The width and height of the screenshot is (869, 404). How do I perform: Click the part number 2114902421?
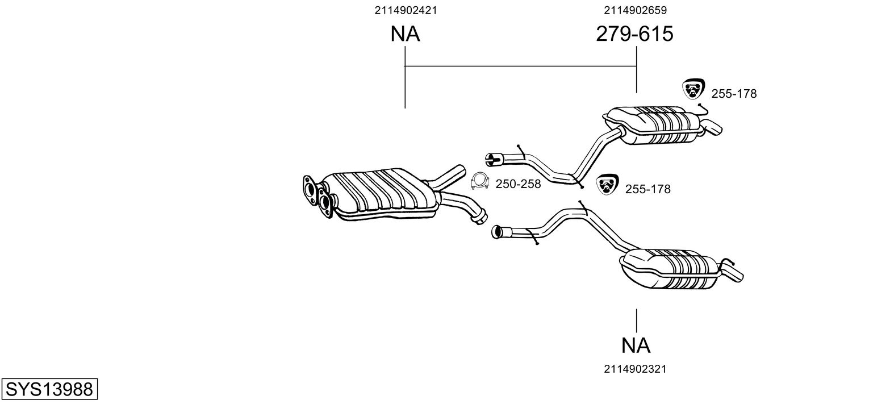pyautogui.click(x=406, y=10)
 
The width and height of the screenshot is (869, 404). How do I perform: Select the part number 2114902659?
pyautogui.click(x=635, y=10)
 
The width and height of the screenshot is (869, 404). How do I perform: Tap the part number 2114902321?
pyautogui.click(x=635, y=369)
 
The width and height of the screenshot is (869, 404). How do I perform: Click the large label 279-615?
pyautogui.click(x=634, y=34)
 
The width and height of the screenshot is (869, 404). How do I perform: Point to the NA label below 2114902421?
pyautogui.click(x=405, y=34)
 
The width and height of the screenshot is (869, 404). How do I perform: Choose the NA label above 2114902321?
pyautogui.click(x=636, y=345)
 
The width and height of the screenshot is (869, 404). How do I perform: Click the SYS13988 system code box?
pyautogui.click(x=49, y=389)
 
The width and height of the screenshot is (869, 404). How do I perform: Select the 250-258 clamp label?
pyautogui.click(x=518, y=184)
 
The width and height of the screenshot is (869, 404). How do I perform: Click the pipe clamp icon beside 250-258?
pyautogui.click(x=479, y=181)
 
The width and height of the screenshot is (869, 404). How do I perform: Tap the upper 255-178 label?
pyautogui.click(x=734, y=94)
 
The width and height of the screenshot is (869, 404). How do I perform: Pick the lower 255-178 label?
pyautogui.click(x=648, y=189)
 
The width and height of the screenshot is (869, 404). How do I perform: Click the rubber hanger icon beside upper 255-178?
pyautogui.click(x=693, y=89)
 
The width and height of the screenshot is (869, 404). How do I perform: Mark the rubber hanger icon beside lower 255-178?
pyautogui.click(x=608, y=184)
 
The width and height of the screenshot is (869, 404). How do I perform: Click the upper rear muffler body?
pyautogui.click(x=655, y=125)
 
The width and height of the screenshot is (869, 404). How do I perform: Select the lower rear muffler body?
pyautogui.click(x=671, y=269)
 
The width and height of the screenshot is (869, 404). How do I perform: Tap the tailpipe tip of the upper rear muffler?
pyautogui.click(x=713, y=128)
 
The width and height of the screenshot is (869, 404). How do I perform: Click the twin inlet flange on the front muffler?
pyautogui.click(x=318, y=196)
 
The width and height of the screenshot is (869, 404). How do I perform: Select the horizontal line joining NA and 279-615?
pyautogui.click(x=521, y=66)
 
